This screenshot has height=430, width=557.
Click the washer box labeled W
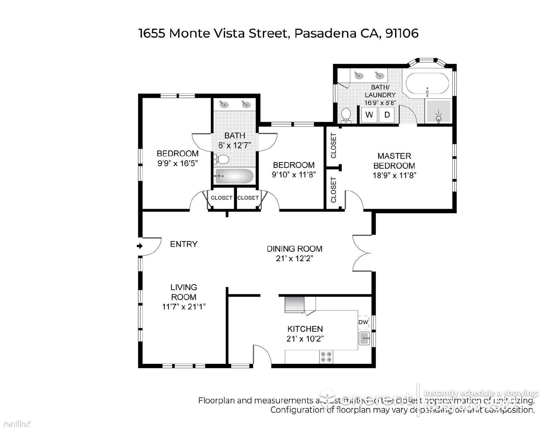(x=369, y=115)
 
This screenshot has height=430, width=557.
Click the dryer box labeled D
(x=387, y=115)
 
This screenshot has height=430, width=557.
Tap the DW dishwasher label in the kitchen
(x=363, y=322)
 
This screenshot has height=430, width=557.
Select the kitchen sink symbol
(x=364, y=338)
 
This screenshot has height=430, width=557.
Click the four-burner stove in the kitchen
(x=326, y=357)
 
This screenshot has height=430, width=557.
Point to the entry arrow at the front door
(x=140, y=246)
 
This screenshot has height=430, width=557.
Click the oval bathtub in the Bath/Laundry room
(x=427, y=83)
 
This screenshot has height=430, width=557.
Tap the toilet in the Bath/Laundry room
(x=346, y=115)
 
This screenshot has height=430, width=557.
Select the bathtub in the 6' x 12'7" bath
(x=234, y=176)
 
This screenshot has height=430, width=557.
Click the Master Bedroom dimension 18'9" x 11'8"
(x=394, y=175)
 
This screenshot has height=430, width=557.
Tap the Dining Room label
(x=295, y=249)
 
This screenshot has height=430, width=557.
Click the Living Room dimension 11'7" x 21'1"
(x=184, y=306)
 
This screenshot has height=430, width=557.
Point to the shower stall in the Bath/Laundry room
(x=439, y=112)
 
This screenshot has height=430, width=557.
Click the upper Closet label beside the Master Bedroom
(x=334, y=145)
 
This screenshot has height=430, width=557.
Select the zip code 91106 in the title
(x=402, y=33)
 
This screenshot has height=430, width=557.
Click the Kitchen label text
(x=305, y=329)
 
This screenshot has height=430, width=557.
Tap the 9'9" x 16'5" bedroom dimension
(x=178, y=163)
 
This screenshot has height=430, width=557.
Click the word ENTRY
(x=183, y=244)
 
